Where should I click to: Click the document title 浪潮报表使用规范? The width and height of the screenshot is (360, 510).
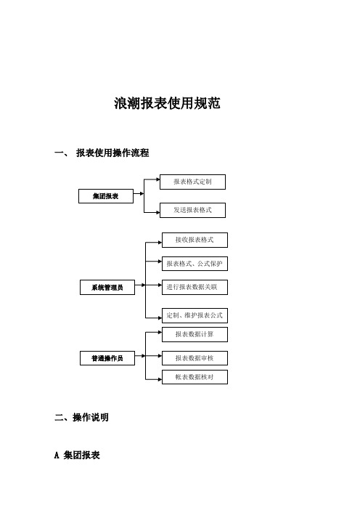168,103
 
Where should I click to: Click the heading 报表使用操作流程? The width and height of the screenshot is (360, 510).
112,153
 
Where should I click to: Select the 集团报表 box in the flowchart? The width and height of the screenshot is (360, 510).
106,196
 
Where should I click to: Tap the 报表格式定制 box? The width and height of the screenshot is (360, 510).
192,182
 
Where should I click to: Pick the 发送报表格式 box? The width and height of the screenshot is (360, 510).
192,210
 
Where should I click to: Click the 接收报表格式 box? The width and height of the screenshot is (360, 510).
195,240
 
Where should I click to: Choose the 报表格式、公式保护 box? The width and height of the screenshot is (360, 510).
195,264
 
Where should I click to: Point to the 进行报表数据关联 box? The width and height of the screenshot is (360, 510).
195,287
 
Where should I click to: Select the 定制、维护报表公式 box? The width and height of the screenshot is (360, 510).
195,315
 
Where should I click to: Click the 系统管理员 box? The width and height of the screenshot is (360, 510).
107,288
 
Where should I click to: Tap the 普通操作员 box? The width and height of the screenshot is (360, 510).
107,358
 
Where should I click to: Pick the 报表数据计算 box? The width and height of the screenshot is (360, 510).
195,334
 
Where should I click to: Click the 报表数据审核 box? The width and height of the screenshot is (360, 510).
195,358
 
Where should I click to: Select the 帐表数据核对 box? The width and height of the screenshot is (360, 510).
195,377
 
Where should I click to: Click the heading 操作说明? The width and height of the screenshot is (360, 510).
91,417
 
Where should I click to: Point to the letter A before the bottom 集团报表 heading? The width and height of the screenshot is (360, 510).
57,456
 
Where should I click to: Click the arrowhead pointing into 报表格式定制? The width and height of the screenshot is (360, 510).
158,179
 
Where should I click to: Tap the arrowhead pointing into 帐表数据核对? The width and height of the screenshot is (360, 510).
160,379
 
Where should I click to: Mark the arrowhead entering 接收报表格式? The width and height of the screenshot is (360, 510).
160,243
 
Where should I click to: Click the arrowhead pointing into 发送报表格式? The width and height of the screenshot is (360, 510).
158,212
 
